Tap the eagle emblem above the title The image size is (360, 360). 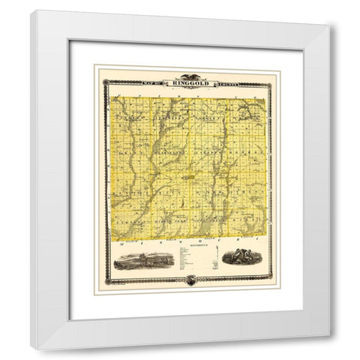coord(187,77)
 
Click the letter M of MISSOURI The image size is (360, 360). coord(122,244)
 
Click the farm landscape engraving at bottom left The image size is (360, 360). coord(145,259)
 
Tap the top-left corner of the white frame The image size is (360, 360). coord(32,11)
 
